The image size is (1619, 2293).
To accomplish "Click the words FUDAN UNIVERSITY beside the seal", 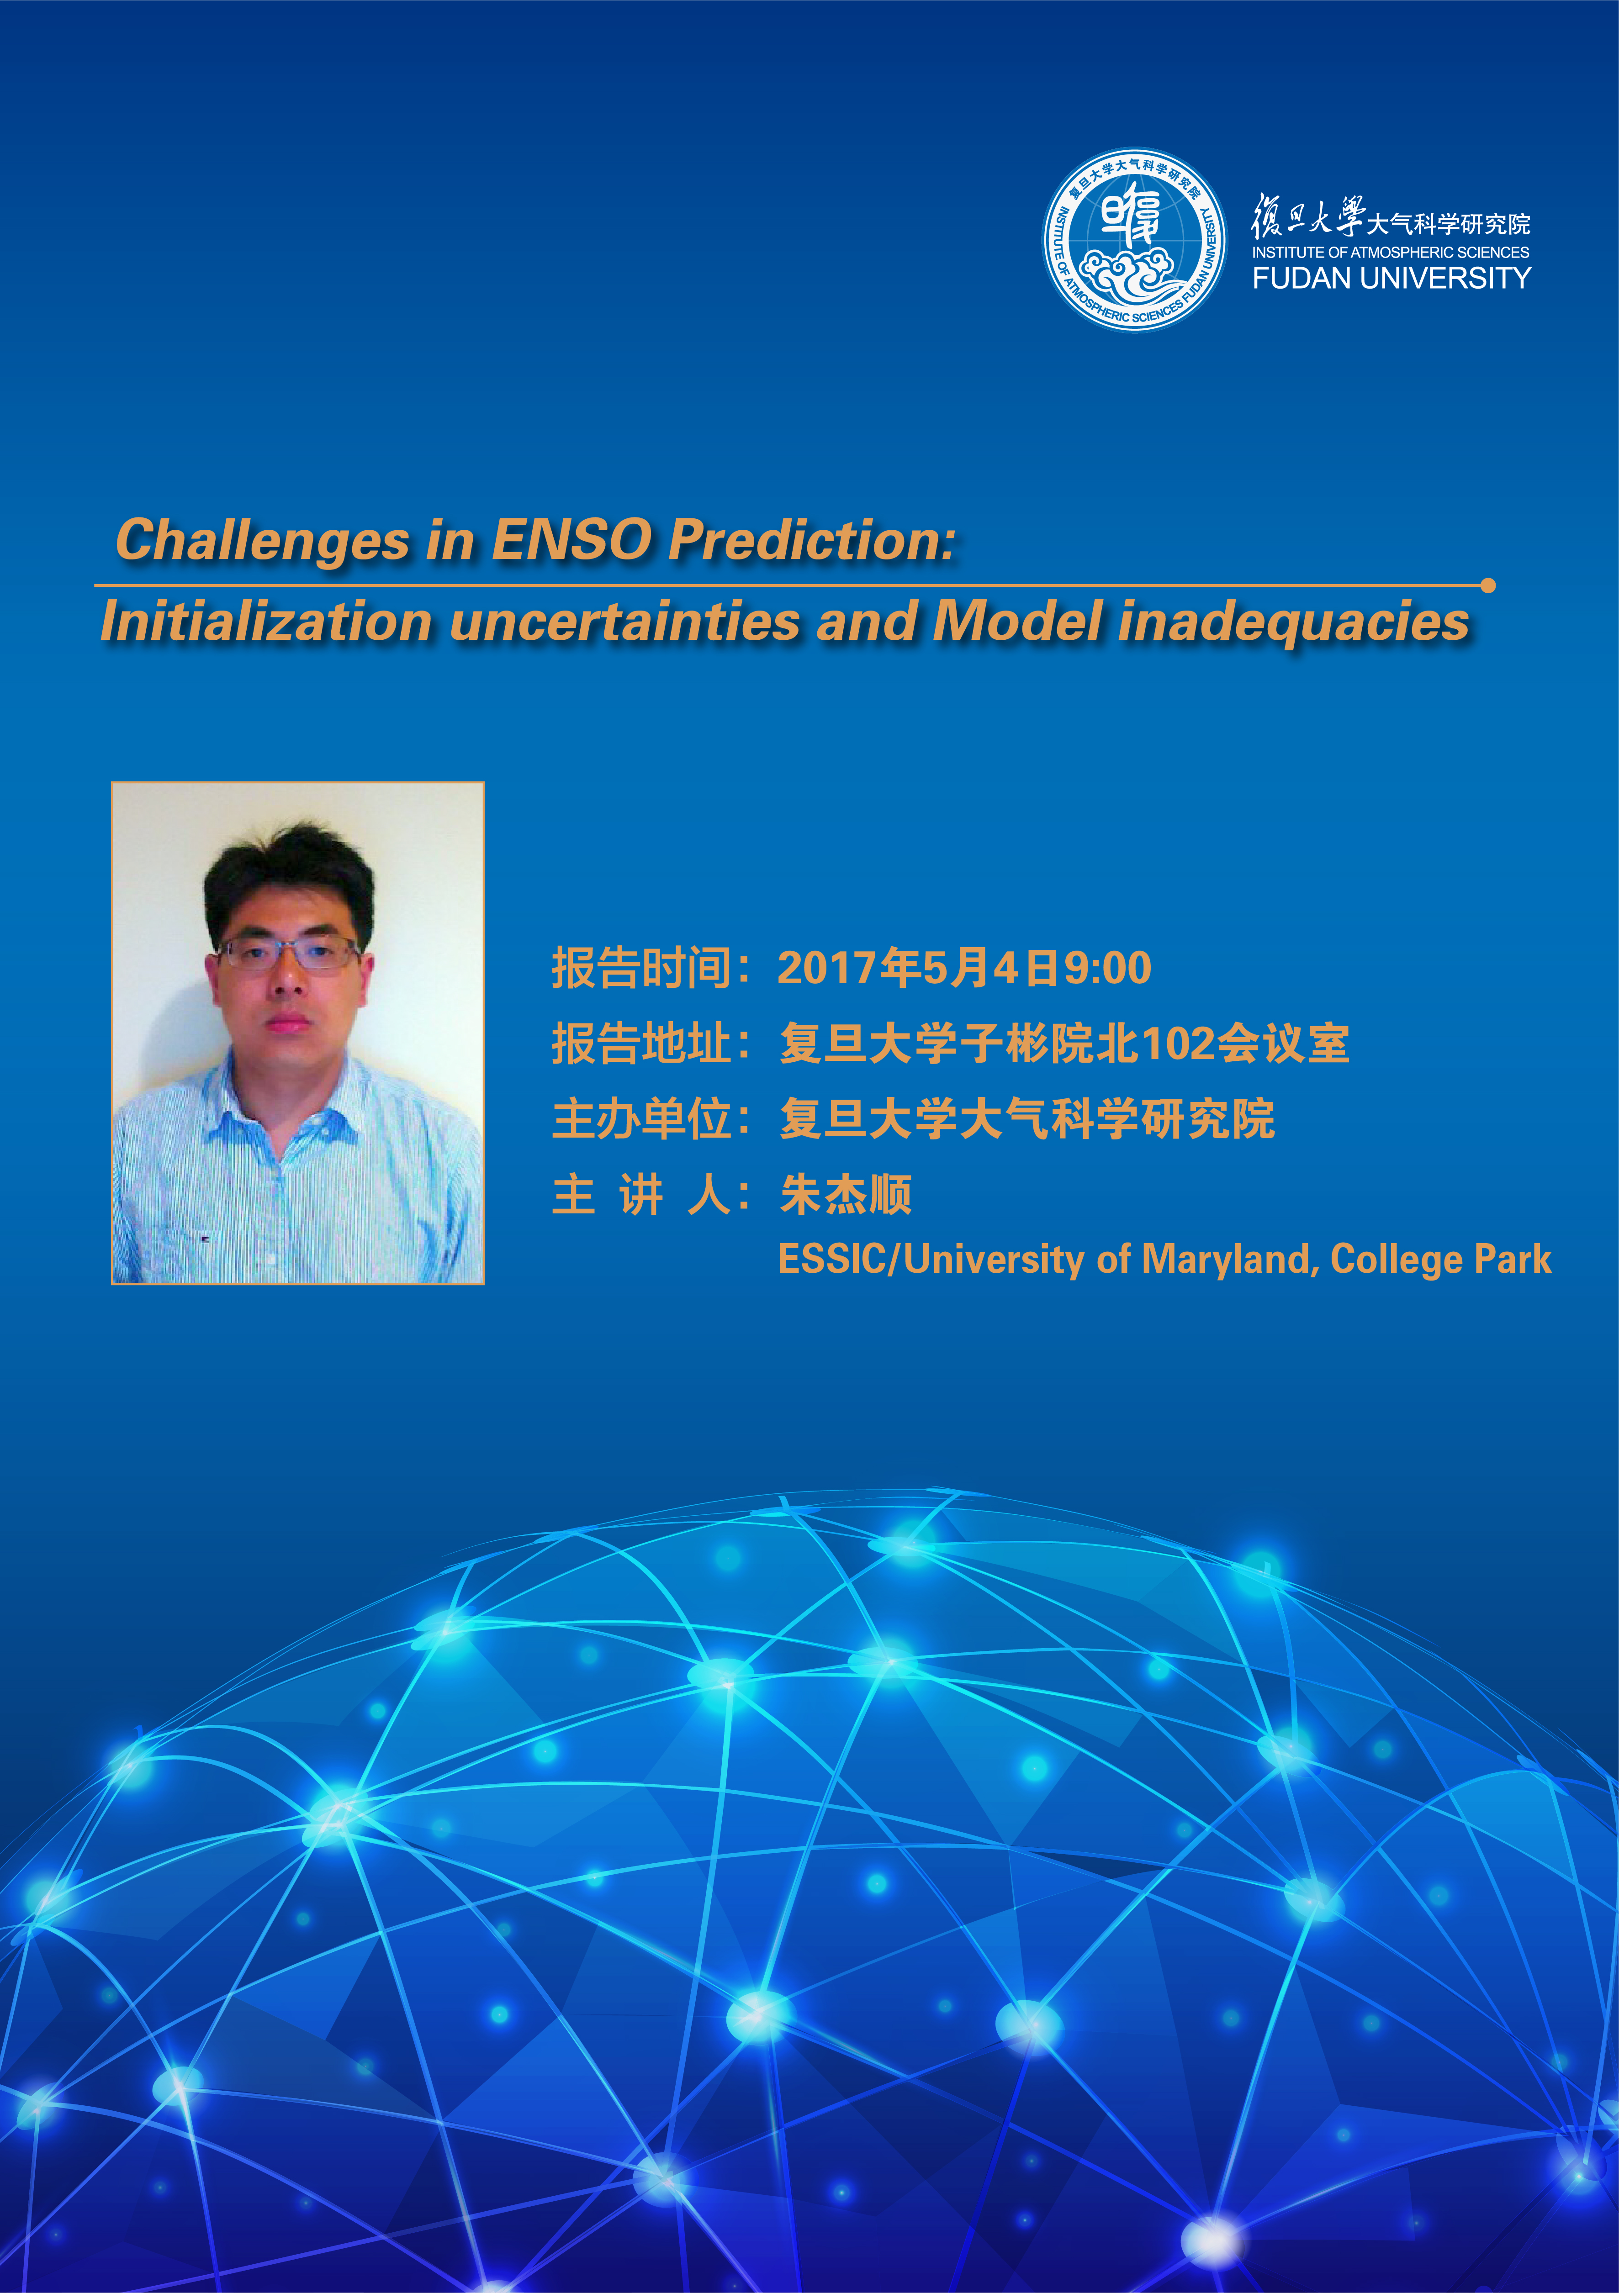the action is click(1391, 279).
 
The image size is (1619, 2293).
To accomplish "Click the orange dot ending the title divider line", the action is click(1488, 585).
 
